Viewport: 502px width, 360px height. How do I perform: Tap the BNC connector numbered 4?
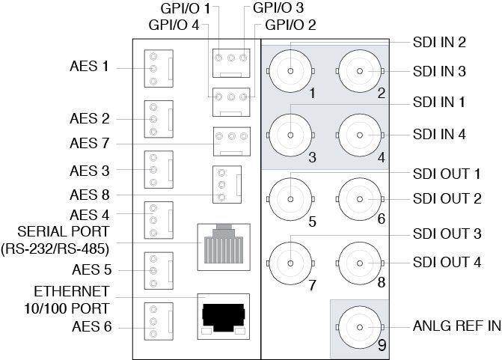[360, 135]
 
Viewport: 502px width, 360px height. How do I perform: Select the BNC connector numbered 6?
[360, 199]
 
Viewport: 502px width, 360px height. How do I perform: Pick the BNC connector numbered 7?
[290, 261]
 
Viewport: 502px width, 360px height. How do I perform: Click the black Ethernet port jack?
[222, 314]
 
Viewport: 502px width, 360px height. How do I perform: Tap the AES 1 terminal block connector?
[158, 68]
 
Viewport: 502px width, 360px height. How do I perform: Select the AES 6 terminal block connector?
[158, 321]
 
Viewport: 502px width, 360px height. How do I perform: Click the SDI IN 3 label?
[439, 71]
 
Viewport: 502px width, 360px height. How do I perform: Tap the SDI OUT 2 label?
[445, 198]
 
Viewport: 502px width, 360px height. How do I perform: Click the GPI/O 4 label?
[174, 25]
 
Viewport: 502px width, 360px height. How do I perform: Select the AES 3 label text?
[90, 171]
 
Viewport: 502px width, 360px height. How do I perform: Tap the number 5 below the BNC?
[311, 222]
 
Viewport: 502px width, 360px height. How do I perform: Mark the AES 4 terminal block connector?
[158, 220]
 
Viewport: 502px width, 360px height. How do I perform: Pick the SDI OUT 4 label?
[445, 262]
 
